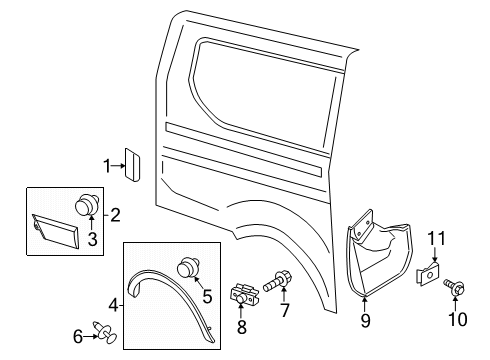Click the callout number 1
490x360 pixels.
click(107, 166)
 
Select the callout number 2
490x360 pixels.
click(116, 213)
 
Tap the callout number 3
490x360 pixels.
click(91, 237)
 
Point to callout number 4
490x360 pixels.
click(112, 304)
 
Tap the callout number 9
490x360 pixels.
click(365, 320)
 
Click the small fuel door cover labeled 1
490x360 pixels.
click(130, 163)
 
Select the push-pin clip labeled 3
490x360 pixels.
click(87, 205)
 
